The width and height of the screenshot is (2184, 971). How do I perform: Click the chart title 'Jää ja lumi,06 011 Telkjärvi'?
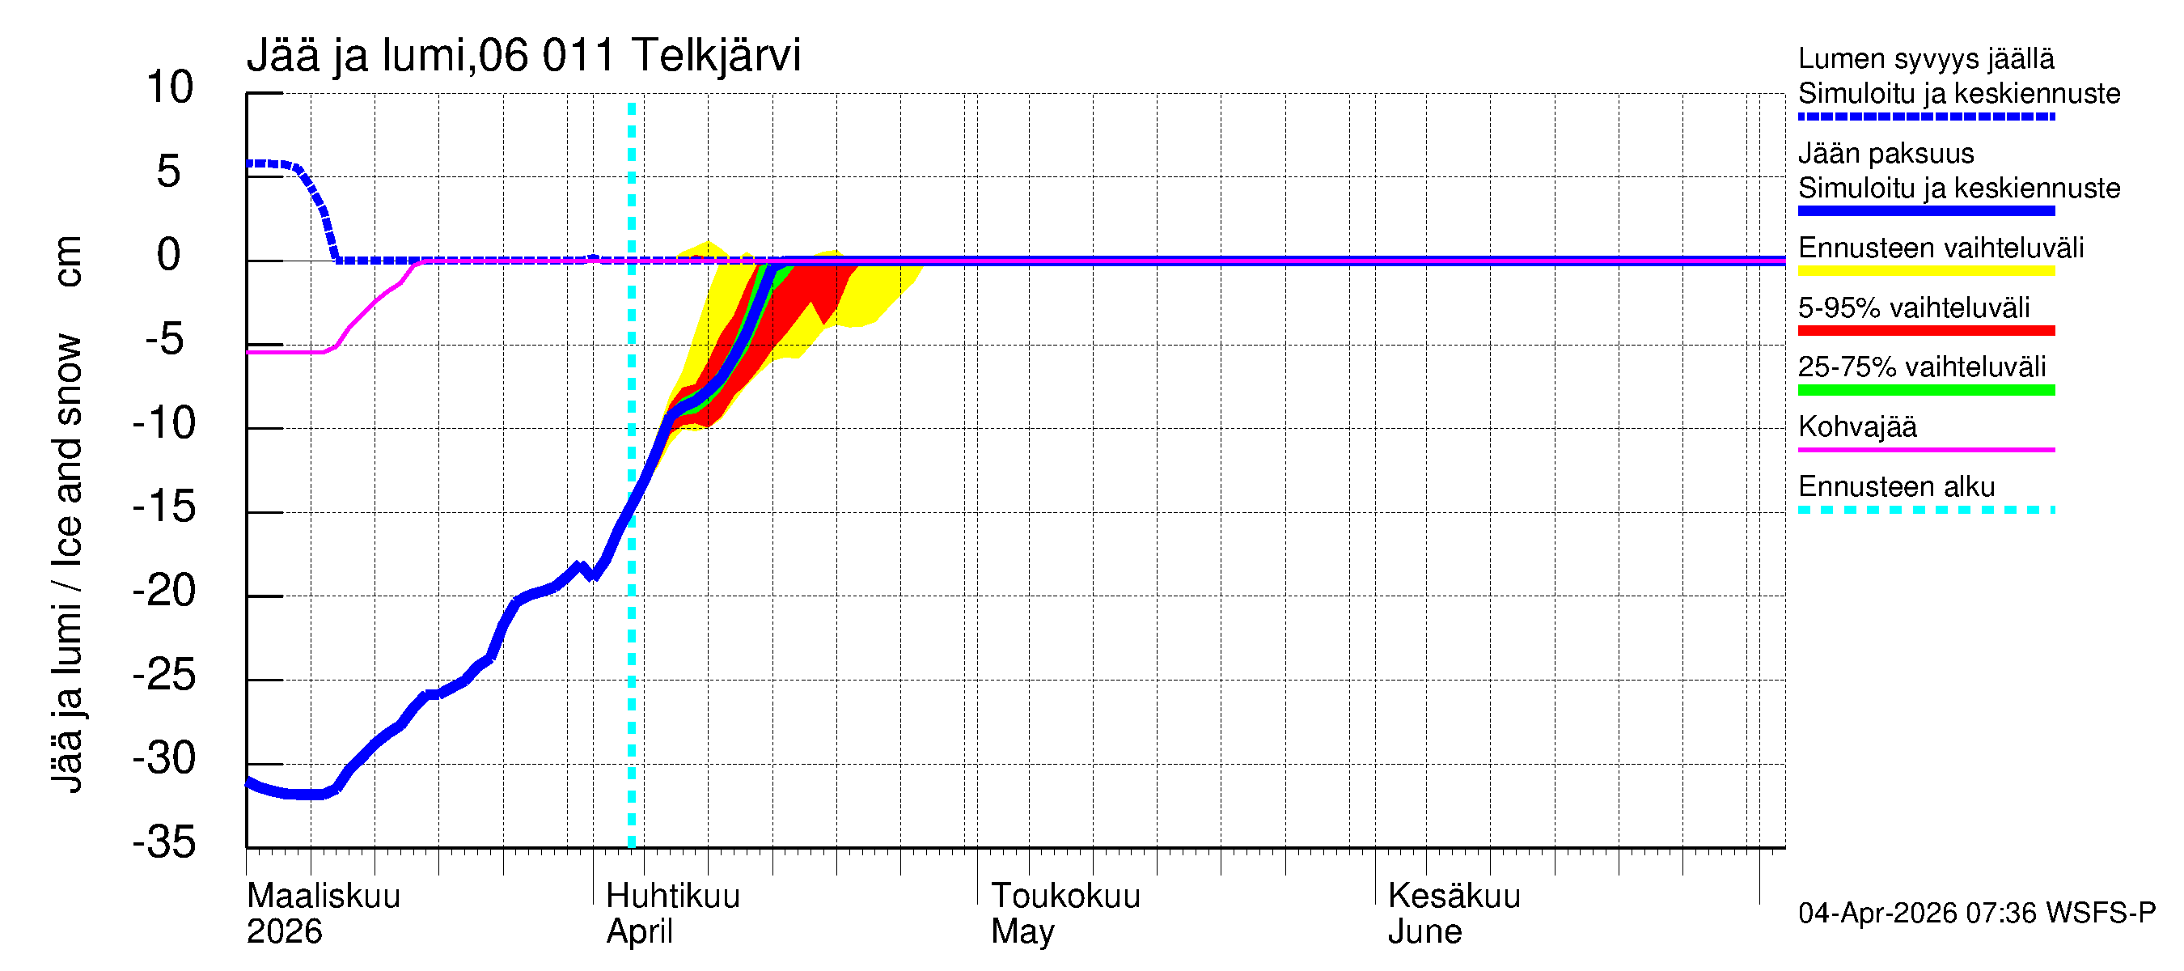tap(523, 56)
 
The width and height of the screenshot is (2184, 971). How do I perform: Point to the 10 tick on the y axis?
tap(171, 87)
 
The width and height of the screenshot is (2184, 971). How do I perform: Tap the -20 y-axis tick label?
tap(164, 590)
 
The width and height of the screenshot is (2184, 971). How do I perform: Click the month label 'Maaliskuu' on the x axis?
tap(323, 896)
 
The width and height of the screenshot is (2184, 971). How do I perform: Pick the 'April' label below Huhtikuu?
tap(639, 931)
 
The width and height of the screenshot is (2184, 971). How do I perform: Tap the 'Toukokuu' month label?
tap(1066, 896)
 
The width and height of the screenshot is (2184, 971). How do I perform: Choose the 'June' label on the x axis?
tap(1424, 931)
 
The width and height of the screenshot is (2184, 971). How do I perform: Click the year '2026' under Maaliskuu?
tap(284, 931)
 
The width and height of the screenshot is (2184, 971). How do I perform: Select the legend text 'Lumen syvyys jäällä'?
tap(1926, 58)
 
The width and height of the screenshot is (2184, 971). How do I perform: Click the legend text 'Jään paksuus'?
tap(1886, 154)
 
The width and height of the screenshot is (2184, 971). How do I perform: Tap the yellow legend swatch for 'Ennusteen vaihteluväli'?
tap(1926, 271)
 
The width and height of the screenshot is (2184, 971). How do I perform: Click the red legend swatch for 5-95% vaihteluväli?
tap(1926, 331)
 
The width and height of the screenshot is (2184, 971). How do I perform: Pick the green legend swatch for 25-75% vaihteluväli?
tap(1926, 390)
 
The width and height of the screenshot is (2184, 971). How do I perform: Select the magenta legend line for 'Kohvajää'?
tap(1926, 449)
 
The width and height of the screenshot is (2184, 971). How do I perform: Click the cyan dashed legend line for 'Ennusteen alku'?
tap(1926, 510)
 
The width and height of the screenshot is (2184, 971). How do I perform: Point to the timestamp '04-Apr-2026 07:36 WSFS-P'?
tap(1976, 913)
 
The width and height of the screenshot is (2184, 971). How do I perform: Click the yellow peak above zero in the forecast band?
tap(706, 248)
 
